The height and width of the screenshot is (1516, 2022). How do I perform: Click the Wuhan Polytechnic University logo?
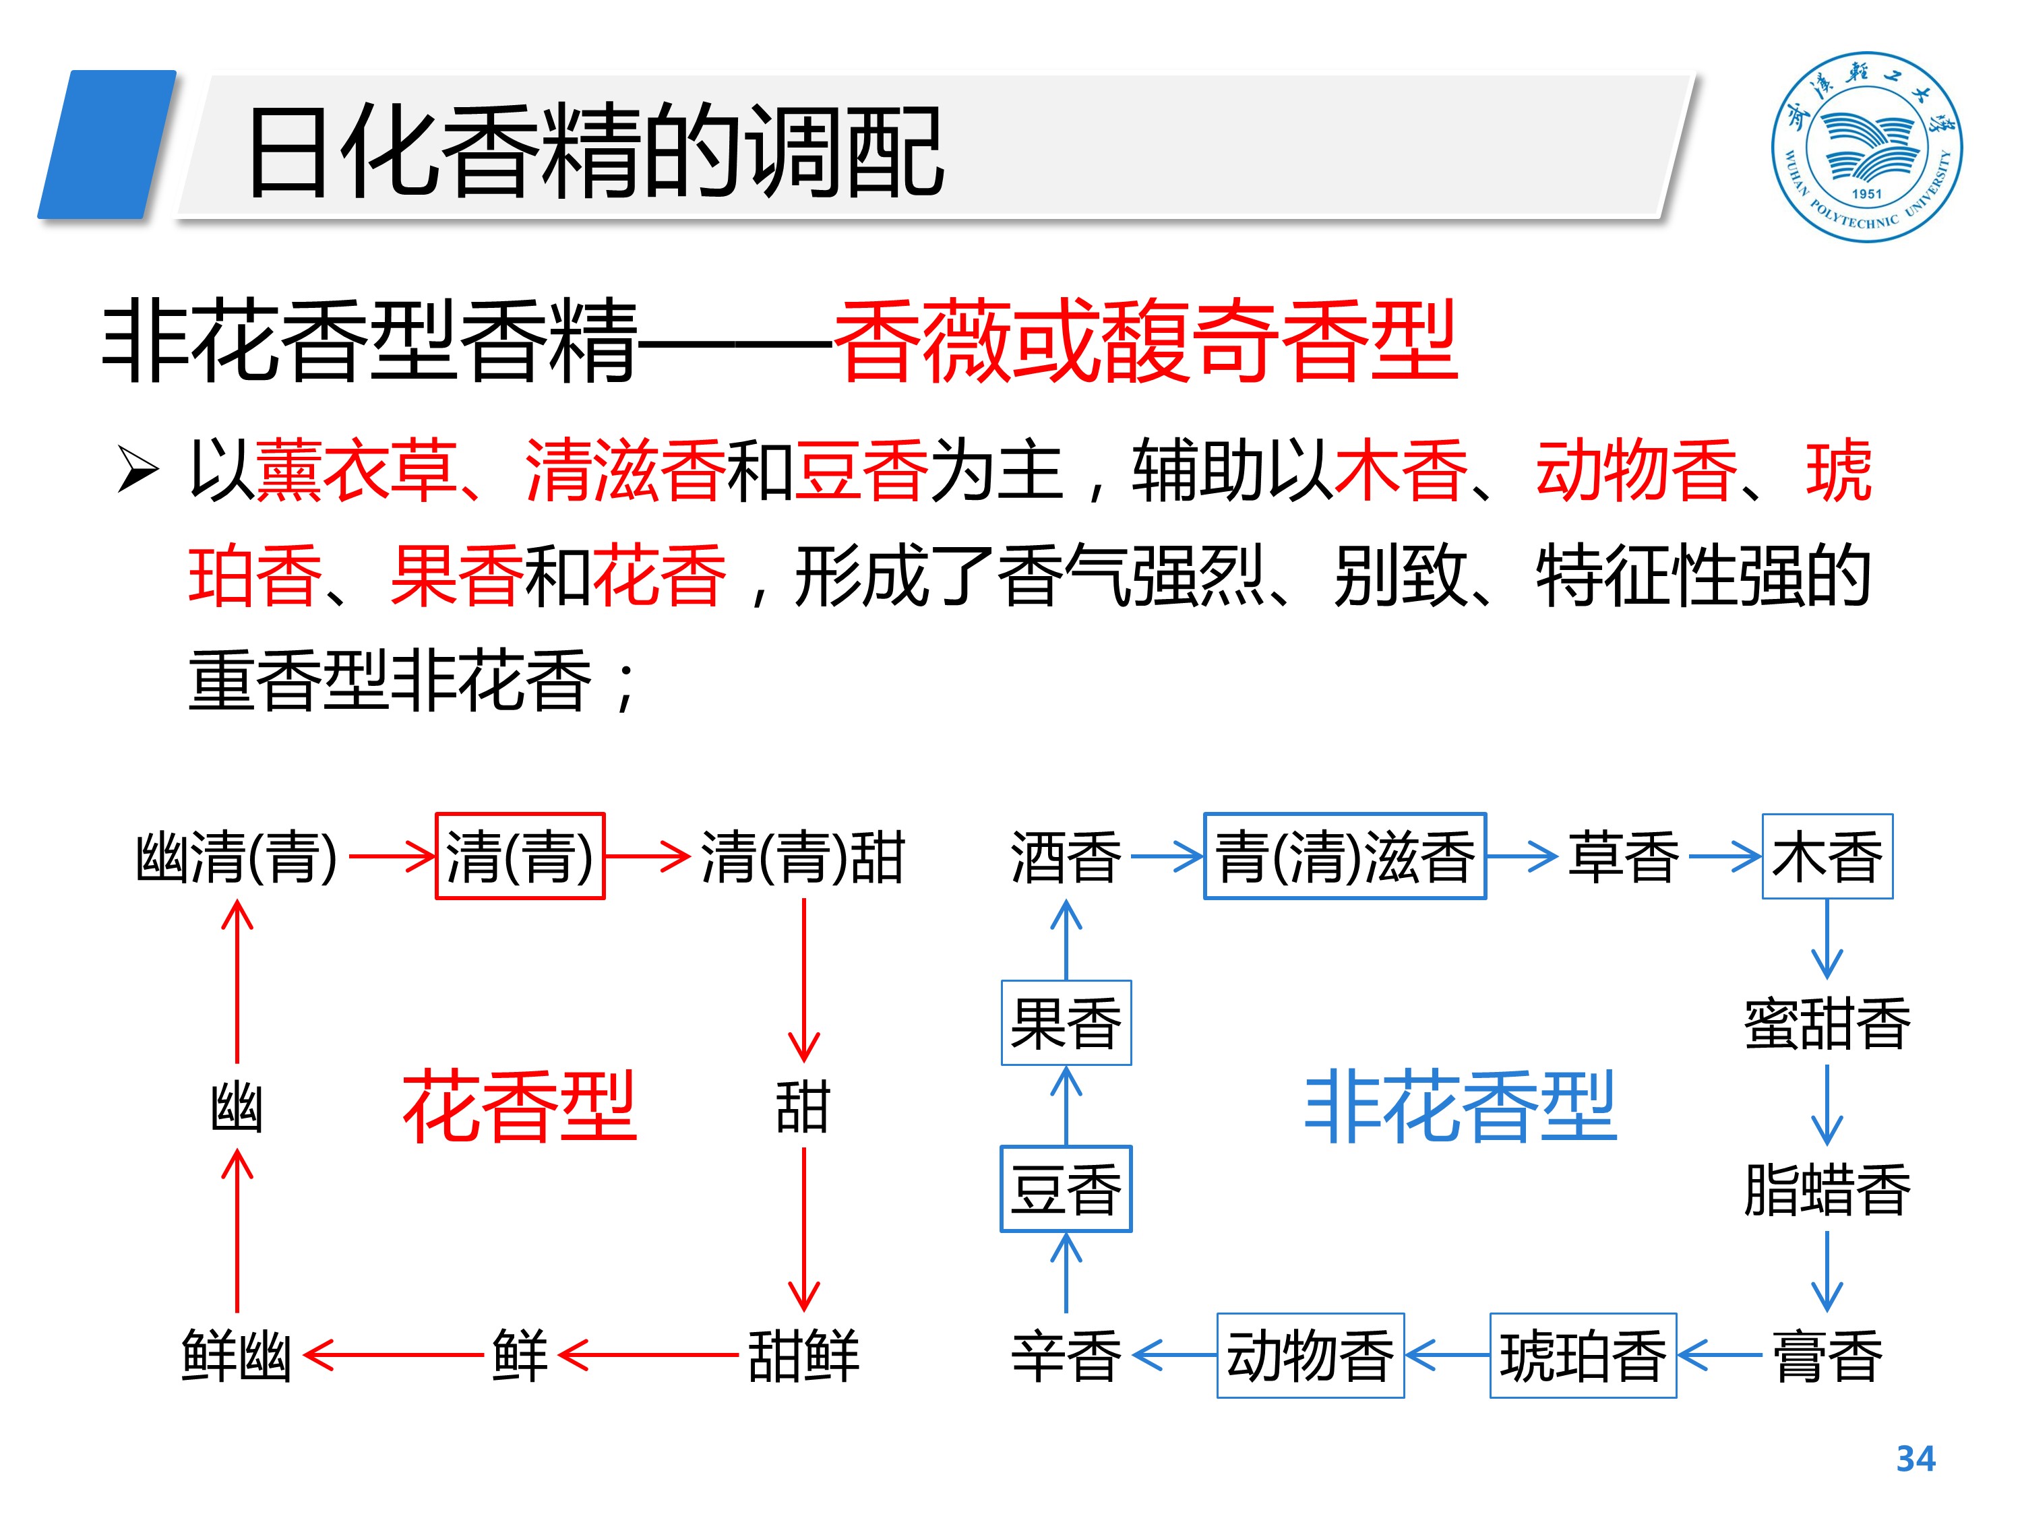(x=1866, y=147)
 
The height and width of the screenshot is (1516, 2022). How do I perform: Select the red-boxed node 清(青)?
(x=519, y=856)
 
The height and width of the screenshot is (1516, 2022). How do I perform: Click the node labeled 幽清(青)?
(x=237, y=857)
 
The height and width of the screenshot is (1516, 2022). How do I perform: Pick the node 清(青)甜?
(x=803, y=857)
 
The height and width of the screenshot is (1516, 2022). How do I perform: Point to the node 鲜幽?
(x=237, y=1355)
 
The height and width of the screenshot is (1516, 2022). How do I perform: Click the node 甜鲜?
(x=803, y=1355)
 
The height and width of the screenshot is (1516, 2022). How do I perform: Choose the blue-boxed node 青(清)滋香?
(x=1344, y=856)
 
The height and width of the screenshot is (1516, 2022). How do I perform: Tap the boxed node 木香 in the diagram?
(x=1827, y=856)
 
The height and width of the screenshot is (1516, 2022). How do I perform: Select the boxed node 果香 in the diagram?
(x=1066, y=1023)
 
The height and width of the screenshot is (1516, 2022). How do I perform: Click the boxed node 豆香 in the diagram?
(x=1066, y=1189)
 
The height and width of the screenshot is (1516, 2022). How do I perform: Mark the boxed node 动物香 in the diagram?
(x=1309, y=1355)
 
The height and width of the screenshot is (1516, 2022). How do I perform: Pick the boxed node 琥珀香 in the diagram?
(x=1583, y=1355)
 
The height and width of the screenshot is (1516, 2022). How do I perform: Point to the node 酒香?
(x=1066, y=857)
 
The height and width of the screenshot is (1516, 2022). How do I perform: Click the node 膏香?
(x=1827, y=1355)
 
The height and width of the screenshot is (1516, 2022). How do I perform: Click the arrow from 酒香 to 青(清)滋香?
(x=1167, y=857)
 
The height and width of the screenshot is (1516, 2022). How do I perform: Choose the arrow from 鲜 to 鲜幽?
(x=393, y=1354)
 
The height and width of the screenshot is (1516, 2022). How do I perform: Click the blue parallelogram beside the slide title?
(x=107, y=144)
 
